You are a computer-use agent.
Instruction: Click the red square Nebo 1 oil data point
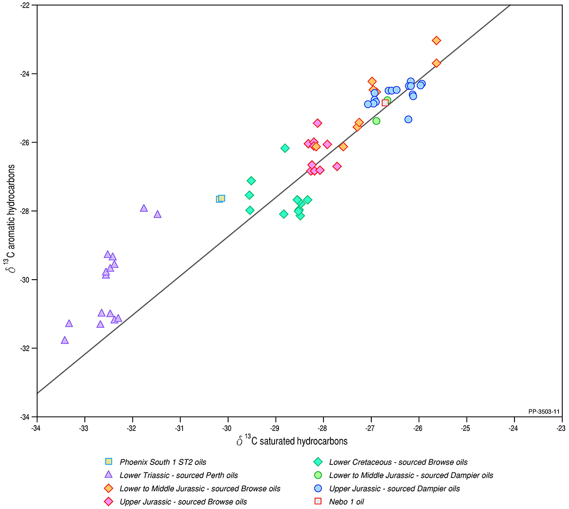pos(385,103)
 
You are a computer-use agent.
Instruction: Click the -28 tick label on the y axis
pos(25,211)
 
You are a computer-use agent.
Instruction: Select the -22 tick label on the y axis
pos(25,5)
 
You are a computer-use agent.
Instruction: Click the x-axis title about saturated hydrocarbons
pos(292,441)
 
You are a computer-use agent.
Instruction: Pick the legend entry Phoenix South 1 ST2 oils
pos(163,462)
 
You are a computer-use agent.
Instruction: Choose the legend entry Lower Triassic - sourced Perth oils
pos(178,475)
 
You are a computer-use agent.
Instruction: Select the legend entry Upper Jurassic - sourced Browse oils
pos(183,502)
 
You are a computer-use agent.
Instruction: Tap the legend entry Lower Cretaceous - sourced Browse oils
pos(398,462)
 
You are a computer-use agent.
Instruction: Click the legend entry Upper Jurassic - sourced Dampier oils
pos(395,489)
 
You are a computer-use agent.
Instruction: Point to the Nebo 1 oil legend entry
pos(347,502)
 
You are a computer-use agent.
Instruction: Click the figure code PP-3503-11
pos(544,412)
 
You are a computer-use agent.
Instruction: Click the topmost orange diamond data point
pos(436,41)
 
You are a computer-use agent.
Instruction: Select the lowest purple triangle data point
pos(65,340)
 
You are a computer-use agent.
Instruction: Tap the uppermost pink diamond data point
pos(317,123)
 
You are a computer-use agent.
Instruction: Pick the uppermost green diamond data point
pos(285,148)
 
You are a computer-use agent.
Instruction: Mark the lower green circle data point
pos(376,121)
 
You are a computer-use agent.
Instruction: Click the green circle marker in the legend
pos(318,475)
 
